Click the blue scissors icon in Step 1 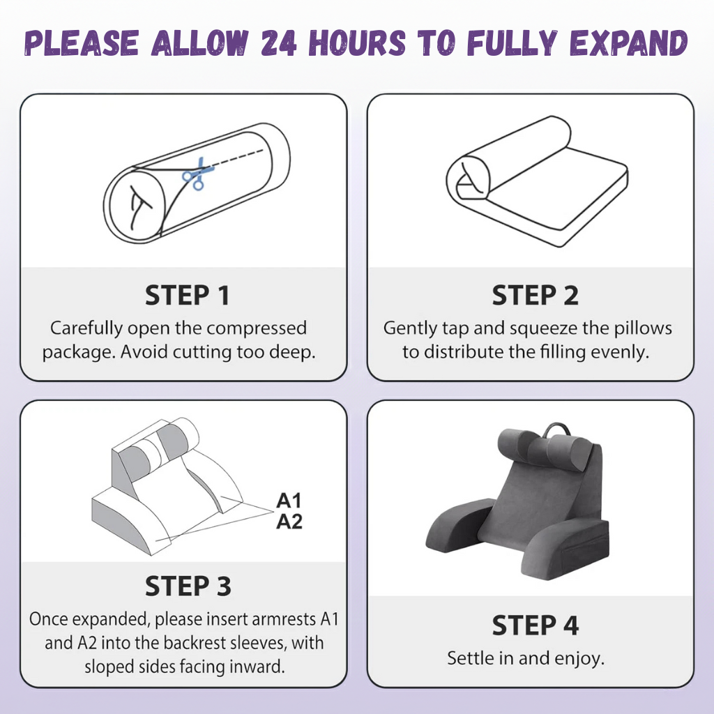coord(193,175)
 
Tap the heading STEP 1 coord(187,296)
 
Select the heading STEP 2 coord(535,296)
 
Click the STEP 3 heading coord(188,586)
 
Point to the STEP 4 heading coord(535,625)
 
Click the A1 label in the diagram coord(289,501)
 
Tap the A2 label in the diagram coord(289,522)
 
